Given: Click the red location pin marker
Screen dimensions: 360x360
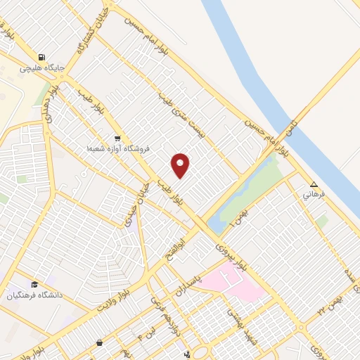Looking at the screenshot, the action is [181, 165].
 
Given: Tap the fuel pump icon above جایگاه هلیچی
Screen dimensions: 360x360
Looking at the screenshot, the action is [44, 57].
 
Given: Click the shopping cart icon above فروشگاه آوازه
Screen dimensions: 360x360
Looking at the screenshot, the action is [117, 138].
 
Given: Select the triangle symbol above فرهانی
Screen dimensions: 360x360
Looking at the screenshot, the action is [314, 186].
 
